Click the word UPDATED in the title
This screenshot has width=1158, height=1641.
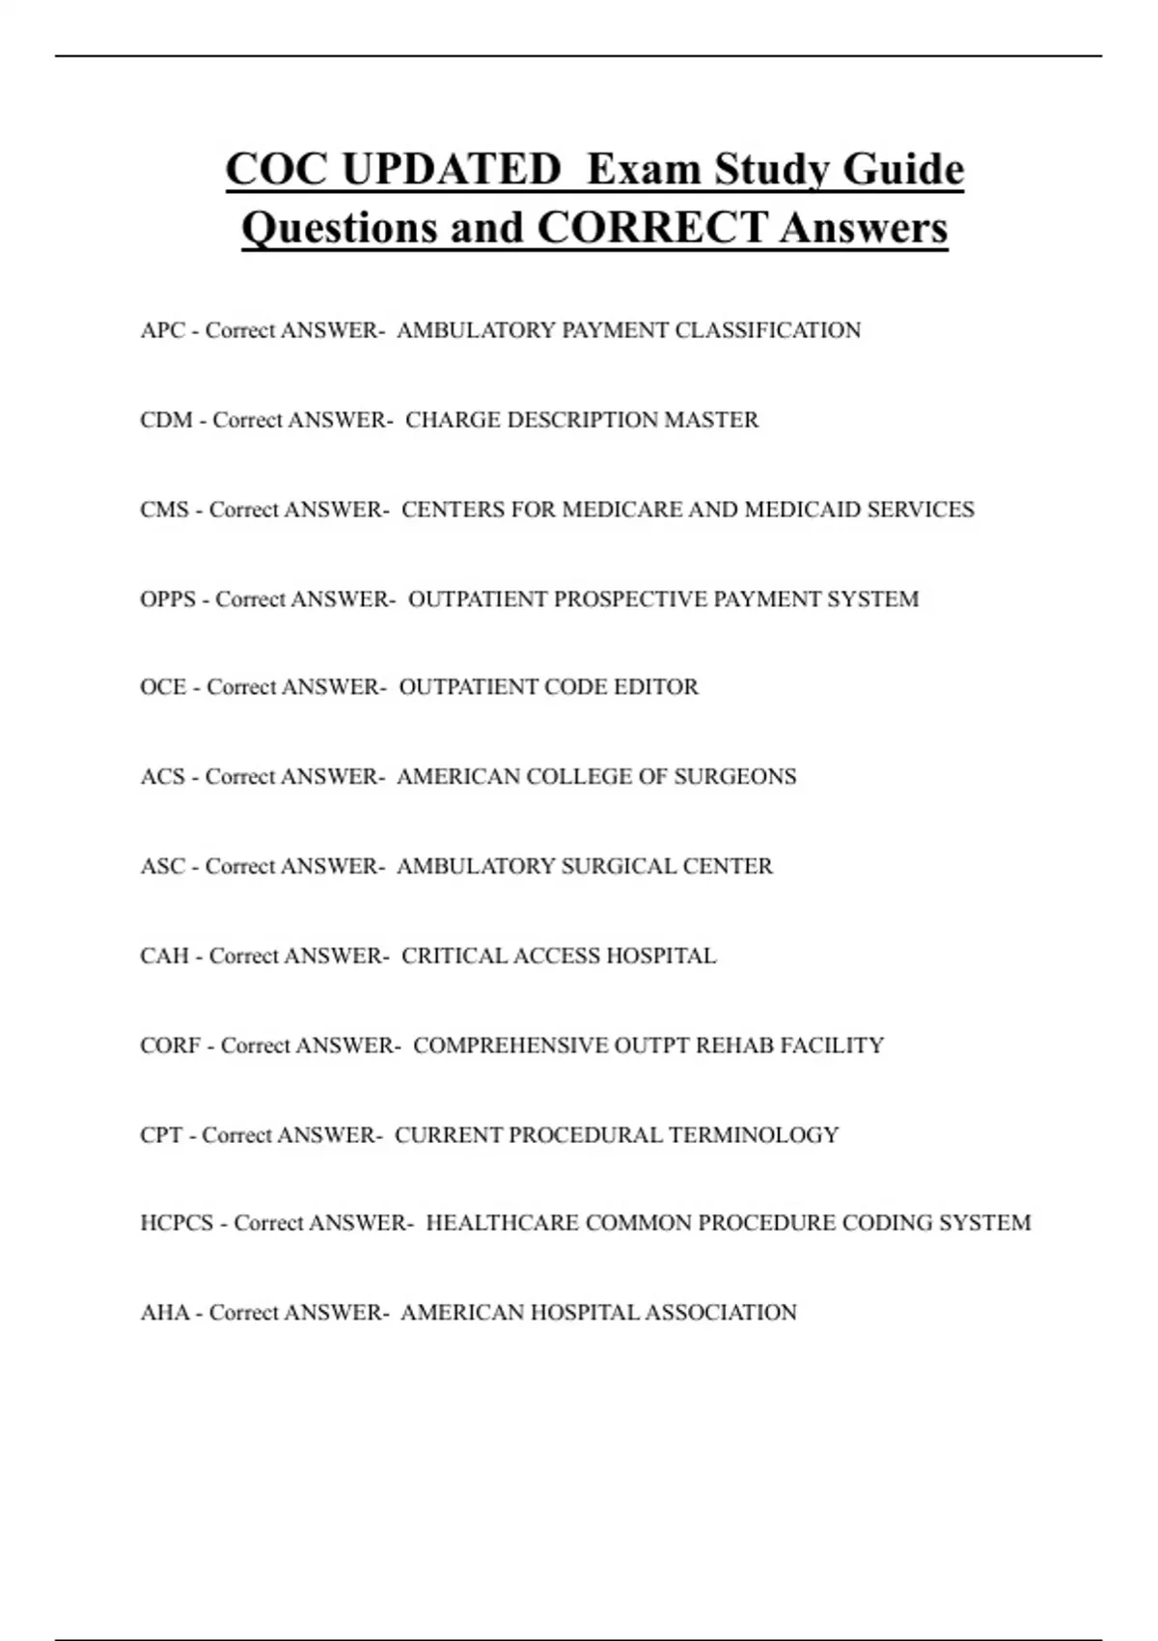click(x=451, y=170)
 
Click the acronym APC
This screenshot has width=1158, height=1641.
click(x=162, y=330)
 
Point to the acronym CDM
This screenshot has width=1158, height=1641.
click(x=166, y=420)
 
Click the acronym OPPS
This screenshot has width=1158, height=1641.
click(x=168, y=599)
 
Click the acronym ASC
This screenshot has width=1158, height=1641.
click(x=162, y=866)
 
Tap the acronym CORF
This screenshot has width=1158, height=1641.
click(x=170, y=1045)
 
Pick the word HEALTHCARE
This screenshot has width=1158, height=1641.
click(x=502, y=1223)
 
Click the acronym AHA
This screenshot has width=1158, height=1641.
click(x=164, y=1313)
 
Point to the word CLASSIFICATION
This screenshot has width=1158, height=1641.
click(x=767, y=330)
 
